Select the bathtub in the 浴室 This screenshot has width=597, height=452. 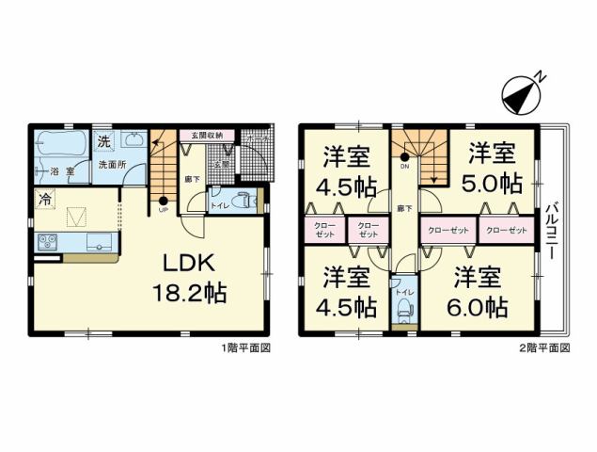59,146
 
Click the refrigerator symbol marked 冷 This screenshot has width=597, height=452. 44,198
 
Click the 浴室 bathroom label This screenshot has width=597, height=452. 61,172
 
